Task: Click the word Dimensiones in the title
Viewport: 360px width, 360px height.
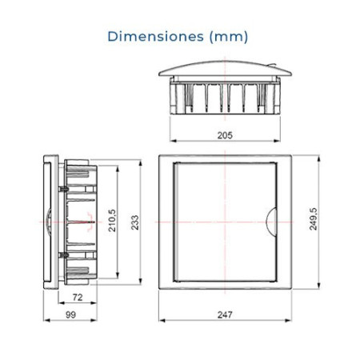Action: click(x=155, y=36)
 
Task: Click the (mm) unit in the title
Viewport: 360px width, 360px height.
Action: click(x=229, y=37)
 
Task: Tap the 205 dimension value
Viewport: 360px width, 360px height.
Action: click(x=225, y=135)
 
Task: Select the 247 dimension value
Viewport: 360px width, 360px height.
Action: click(x=225, y=314)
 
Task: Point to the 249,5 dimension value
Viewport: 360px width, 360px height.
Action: click(x=313, y=219)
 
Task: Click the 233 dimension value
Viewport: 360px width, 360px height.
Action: click(x=135, y=222)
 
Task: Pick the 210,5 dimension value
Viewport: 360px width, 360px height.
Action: click(x=112, y=221)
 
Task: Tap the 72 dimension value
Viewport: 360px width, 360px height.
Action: click(x=78, y=297)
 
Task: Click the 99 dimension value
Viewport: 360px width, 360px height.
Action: click(x=70, y=314)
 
